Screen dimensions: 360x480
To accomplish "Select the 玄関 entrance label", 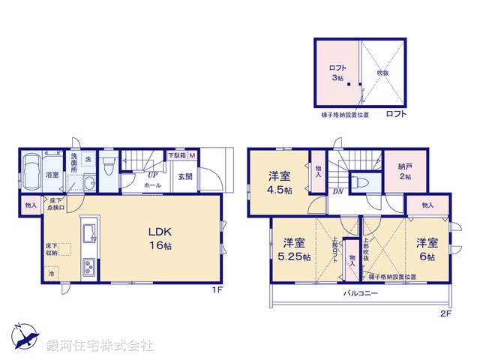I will [x=184, y=177].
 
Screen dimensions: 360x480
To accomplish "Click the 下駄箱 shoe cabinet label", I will [x=177, y=155].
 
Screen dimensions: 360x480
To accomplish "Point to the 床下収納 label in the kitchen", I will [x=51, y=250].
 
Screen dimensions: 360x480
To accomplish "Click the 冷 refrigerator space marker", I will [x=52, y=275].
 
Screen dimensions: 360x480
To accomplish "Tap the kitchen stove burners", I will [x=89, y=266].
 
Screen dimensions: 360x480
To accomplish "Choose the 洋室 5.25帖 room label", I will [x=294, y=250].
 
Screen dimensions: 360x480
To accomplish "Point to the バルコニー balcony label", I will [x=361, y=294].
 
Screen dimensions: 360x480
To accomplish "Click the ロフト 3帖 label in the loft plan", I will [x=338, y=73].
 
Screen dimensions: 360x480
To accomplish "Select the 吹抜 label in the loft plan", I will [x=382, y=73].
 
